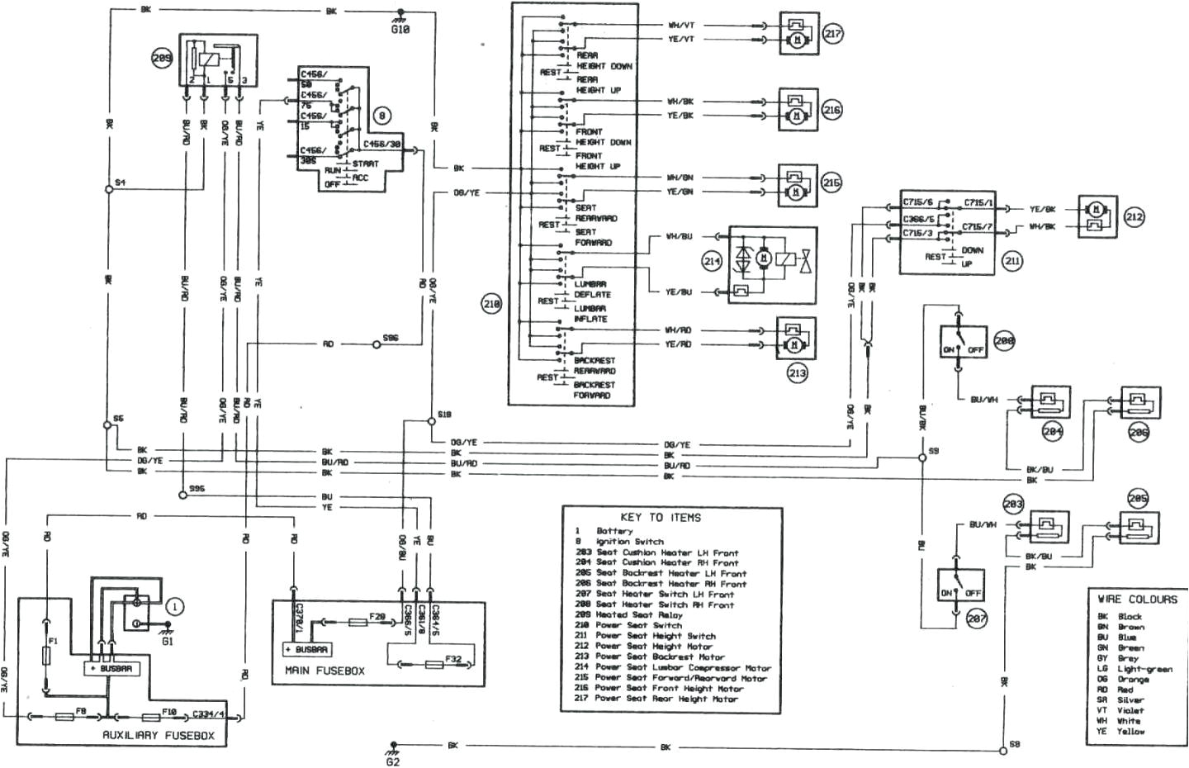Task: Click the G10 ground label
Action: [x=400, y=29]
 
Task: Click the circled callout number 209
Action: [x=162, y=58]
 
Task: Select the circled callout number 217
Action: [x=832, y=34]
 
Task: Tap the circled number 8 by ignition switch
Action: [x=381, y=116]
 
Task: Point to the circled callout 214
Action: [x=712, y=261]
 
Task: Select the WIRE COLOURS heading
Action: [x=1137, y=599]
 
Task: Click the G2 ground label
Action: [x=392, y=760]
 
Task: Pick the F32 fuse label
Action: [x=452, y=658]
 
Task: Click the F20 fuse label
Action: [x=377, y=617]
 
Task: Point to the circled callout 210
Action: [x=491, y=304]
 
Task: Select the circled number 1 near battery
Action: [x=174, y=606]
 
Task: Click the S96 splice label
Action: [x=391, y=339]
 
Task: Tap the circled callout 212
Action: [x=1134, y=217]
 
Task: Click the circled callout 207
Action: [x=977, y=619]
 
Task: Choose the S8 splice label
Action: [x=1015, y=744]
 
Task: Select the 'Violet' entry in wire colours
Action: [x=1130, y=710]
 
